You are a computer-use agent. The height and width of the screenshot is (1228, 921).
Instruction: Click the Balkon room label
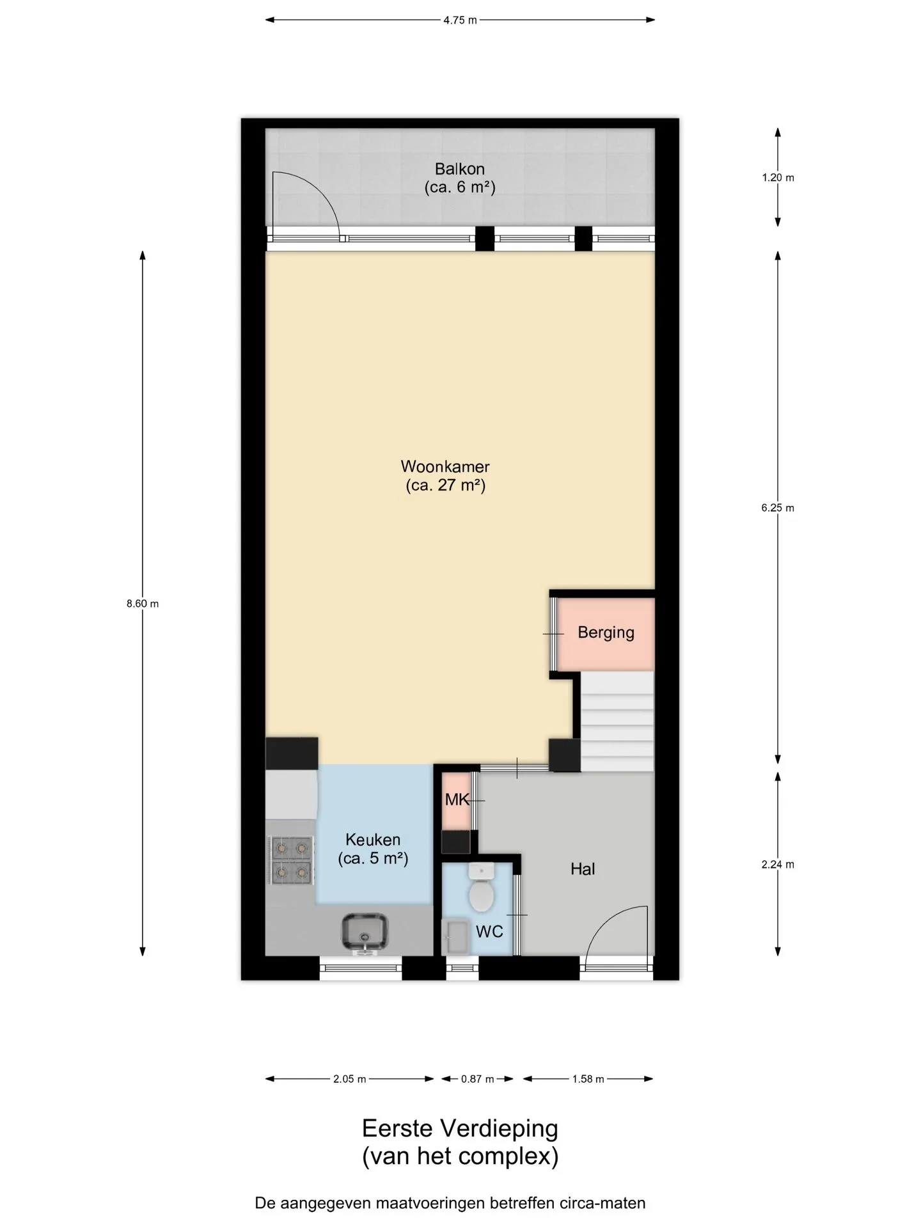[x=459, y=169]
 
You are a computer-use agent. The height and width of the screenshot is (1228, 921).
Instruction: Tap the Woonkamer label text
[x=445, y=466]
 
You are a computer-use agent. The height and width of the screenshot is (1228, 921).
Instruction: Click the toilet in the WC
[x=481, y=887]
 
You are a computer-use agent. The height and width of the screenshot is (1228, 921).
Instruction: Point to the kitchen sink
[x=365, y=933]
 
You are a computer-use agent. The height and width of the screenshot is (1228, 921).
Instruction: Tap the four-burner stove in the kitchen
[x=292, y=860]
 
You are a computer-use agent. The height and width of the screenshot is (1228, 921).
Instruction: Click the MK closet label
[x=457, y=799]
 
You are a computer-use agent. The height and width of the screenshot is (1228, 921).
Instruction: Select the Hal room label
[x=583, y=869]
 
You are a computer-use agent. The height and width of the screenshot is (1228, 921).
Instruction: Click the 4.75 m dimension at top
[x=460, y=20]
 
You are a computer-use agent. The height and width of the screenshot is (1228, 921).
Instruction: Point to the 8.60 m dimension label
[x=143, y=603]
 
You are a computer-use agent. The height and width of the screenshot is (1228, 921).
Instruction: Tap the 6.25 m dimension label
[x=778, y=508]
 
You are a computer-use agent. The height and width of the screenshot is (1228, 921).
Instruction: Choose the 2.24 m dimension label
[x=778, y=864]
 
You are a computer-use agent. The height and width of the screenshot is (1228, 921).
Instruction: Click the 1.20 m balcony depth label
[x=778, y=178]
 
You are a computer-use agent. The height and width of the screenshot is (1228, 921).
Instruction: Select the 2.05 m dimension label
[x=349, y=1079]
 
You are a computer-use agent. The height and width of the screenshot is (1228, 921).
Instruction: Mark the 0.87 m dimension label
[x=477, y=1079]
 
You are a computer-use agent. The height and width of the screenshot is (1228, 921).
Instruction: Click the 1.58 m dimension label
[x=588, y=1079]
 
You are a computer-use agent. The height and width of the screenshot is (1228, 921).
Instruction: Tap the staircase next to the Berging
[x=617, y=721]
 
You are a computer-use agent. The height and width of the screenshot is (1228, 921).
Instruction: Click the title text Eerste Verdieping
[x=460, y=1129]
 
